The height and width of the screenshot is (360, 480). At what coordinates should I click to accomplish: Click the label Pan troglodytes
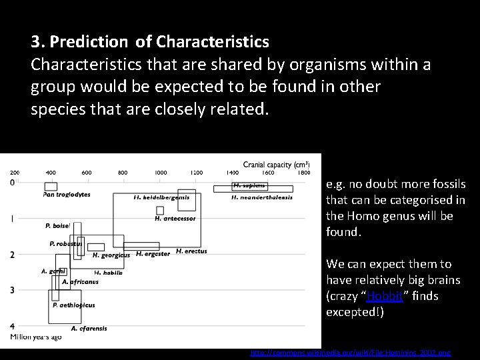pyautogui.click(x=67, y=195)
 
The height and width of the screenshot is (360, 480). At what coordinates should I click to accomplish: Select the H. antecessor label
pyautogui.click(x=175, y=218)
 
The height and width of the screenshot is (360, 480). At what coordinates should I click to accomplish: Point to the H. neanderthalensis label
pyautogui.click(x=262, y=197)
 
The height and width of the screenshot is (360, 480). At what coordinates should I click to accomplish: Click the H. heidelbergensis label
pyautogui.click(x=161, y=197)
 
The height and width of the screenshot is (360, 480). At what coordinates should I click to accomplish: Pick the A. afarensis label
pyautogui.click(x=89, y=329)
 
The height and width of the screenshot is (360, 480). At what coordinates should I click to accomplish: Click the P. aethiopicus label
pyautogui.click(x=74, y=305)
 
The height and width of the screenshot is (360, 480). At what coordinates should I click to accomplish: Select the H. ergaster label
pyautogui.click(x=153, y=254)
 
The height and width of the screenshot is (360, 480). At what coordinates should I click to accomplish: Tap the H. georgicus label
pyautogui.click(x=111, y=255)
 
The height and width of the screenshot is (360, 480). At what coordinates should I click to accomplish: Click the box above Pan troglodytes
pyautogui.click(x=51, y=186)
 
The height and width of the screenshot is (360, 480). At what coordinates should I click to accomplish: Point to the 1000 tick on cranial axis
pyautogui.click(x=160, y=172)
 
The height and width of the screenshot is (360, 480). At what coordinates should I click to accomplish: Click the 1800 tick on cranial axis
pyautogui.click(x=303, y=172)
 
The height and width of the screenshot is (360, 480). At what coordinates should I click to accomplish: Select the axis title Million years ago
pyautogui.click(x=35, y=337)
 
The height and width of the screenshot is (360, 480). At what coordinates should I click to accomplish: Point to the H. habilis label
pyautogui.click(x=107, y=273)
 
